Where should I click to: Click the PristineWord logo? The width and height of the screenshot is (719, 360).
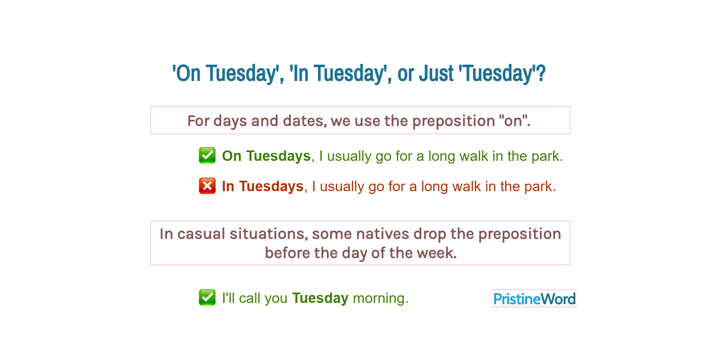(x=534, y=299)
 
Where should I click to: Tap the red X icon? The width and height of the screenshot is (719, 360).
(x=207, y=186)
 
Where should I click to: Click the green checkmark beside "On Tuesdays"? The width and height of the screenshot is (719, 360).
(x=207, y=156)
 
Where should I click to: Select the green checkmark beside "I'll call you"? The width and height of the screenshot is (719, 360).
(x=207, y=298)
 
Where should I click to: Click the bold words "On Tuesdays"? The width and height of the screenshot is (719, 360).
(x=266, y=156)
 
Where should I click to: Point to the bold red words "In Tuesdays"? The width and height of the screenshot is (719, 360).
(x=263, y=186)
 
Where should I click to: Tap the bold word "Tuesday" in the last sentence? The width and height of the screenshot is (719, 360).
(x=320, y=298)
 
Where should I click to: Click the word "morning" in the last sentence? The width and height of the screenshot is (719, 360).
(x=379, y=299)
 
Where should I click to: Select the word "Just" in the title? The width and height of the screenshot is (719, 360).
(x=436, y=74)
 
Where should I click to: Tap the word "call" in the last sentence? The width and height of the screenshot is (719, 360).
(x=249, y=298)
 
